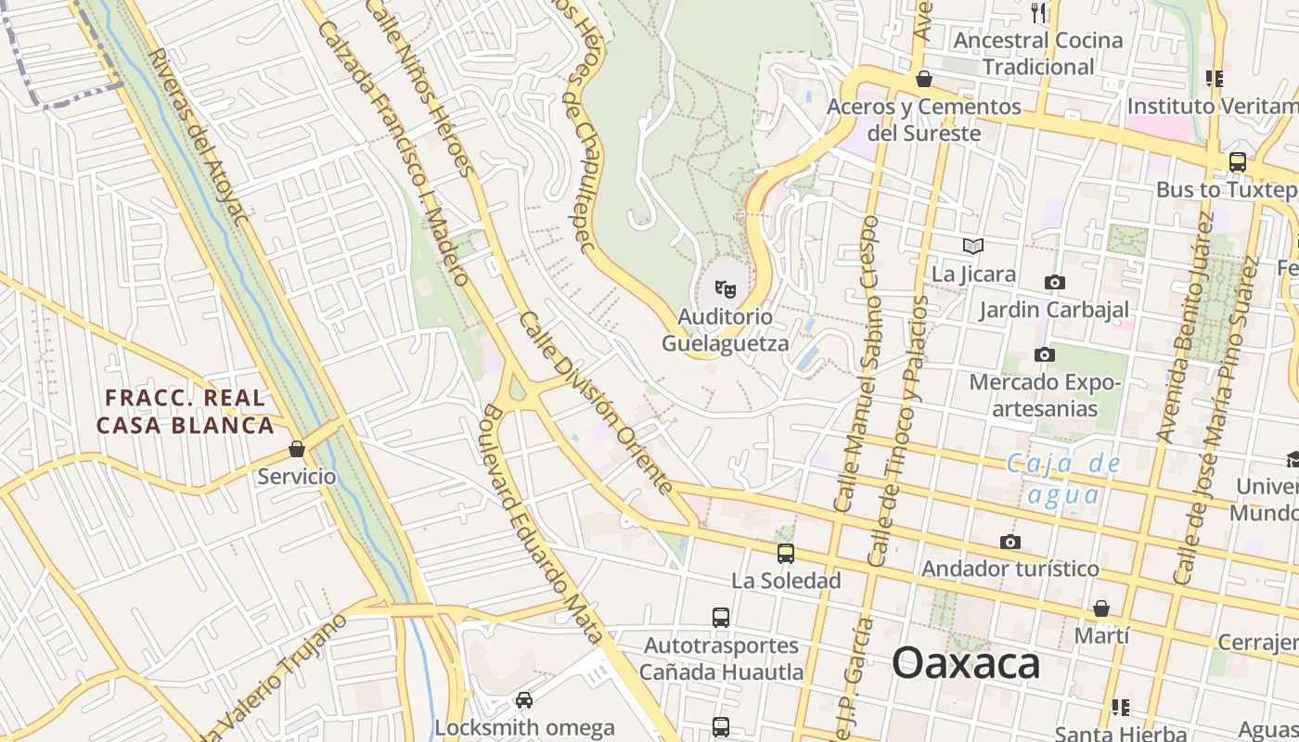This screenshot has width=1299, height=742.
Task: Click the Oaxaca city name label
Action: (966, 664)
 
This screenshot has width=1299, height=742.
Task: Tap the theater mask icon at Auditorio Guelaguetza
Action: (726, 289)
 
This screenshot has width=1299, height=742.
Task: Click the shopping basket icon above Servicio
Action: (297, 449)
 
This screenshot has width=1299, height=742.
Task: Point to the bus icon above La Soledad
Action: (786, 554)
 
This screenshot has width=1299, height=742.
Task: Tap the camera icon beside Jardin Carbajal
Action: (1054, 282)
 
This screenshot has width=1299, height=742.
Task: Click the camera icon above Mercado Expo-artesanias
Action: (1044, 354)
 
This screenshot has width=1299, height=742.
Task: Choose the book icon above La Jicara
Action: (972, 246)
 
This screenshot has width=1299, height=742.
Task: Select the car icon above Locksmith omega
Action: (524, 699)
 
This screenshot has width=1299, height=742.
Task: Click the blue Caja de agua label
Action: (1063, 479)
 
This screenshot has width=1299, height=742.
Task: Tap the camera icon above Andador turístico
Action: (1010, 542)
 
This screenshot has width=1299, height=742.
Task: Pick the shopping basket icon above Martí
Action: (1100, 608)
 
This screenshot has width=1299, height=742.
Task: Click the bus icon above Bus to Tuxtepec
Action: (1237, 161)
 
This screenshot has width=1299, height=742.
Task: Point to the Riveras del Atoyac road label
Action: (199, 137)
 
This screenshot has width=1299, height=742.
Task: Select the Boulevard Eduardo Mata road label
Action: (539, 524)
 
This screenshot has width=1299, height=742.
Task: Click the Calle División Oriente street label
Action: (595, 403)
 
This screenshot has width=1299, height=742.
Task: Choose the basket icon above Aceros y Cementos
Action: (923, 80)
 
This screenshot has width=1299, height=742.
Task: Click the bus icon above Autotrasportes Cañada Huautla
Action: (720, 617)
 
